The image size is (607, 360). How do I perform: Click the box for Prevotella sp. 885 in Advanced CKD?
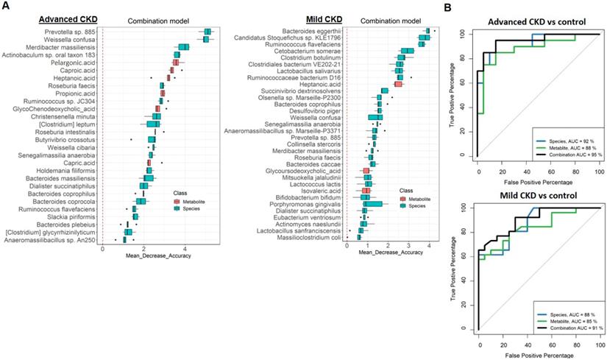[x=207, y=31]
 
